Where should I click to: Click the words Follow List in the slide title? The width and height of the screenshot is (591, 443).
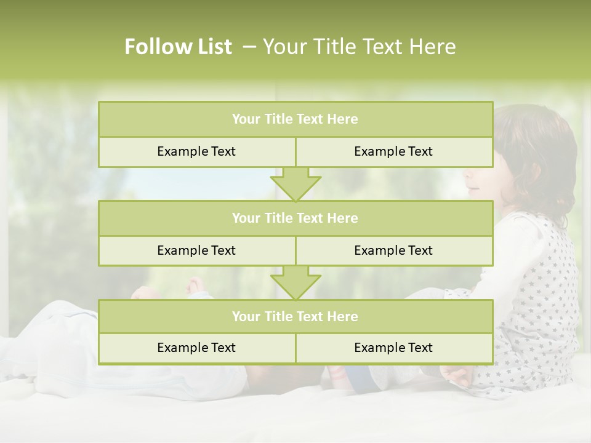click(178, 47)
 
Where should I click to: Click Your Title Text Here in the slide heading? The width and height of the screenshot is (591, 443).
click(359, 47)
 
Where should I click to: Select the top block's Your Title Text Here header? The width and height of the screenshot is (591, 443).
click(295, 119)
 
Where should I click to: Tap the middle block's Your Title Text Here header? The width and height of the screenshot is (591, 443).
click(295, 218)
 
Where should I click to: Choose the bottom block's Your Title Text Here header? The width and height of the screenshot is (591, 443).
click(295, 316)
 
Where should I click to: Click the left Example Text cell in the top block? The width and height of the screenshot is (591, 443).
click(196, 151)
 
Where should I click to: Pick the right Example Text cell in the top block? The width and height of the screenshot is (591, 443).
click(393, 151)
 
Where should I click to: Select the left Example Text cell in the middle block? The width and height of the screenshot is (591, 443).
click(196, 250)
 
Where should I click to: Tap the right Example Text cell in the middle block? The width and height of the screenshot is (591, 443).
click(393, 250)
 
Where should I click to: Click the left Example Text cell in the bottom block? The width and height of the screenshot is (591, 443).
click(196, 348)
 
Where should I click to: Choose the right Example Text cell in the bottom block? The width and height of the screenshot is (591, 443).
click(393, 348)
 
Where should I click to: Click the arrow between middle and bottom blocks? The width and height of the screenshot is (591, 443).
click(295, 282)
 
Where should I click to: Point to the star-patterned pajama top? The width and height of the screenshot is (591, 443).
click(542, 295)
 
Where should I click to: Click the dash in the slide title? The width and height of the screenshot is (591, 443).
click(249, 47)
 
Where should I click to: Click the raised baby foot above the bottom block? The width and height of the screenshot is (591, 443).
click(195, 285)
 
